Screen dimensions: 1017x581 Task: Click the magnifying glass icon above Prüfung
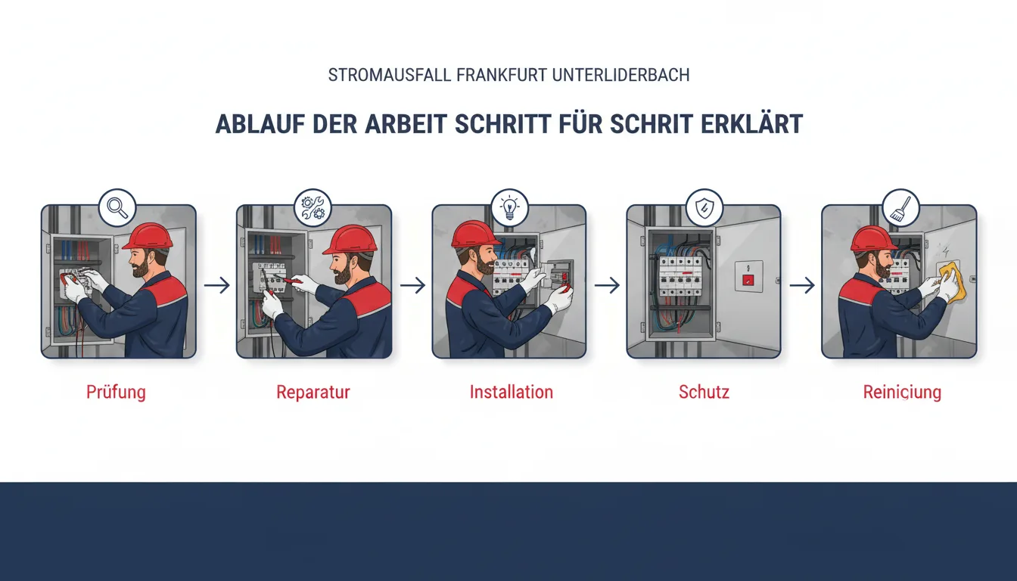pos(117,207)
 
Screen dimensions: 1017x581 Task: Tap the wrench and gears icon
pos(313,207)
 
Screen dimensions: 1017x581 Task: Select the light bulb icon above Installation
pos(509,207)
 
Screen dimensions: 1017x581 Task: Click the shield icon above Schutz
pos(704,207)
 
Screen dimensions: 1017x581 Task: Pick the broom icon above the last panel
pos(900,207)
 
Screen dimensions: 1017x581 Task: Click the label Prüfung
pos(117,392)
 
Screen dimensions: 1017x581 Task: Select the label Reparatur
pos(313,392)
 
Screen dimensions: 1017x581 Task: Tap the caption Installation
pos(512,392)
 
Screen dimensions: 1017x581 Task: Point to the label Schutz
pos(704,392)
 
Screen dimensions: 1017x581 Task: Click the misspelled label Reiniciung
pos(902,392)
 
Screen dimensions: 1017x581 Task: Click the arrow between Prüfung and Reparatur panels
pos(217,285)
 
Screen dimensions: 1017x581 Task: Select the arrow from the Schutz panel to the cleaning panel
pos(802,285)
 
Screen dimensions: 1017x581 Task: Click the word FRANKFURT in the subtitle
pos(502,75)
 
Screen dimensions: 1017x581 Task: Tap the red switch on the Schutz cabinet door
pos(748,280)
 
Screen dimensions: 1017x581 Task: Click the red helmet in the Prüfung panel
pos(147,237)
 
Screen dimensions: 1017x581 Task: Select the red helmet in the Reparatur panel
pos(350,240)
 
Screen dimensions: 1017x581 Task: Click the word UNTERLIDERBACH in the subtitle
pos(621,75)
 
